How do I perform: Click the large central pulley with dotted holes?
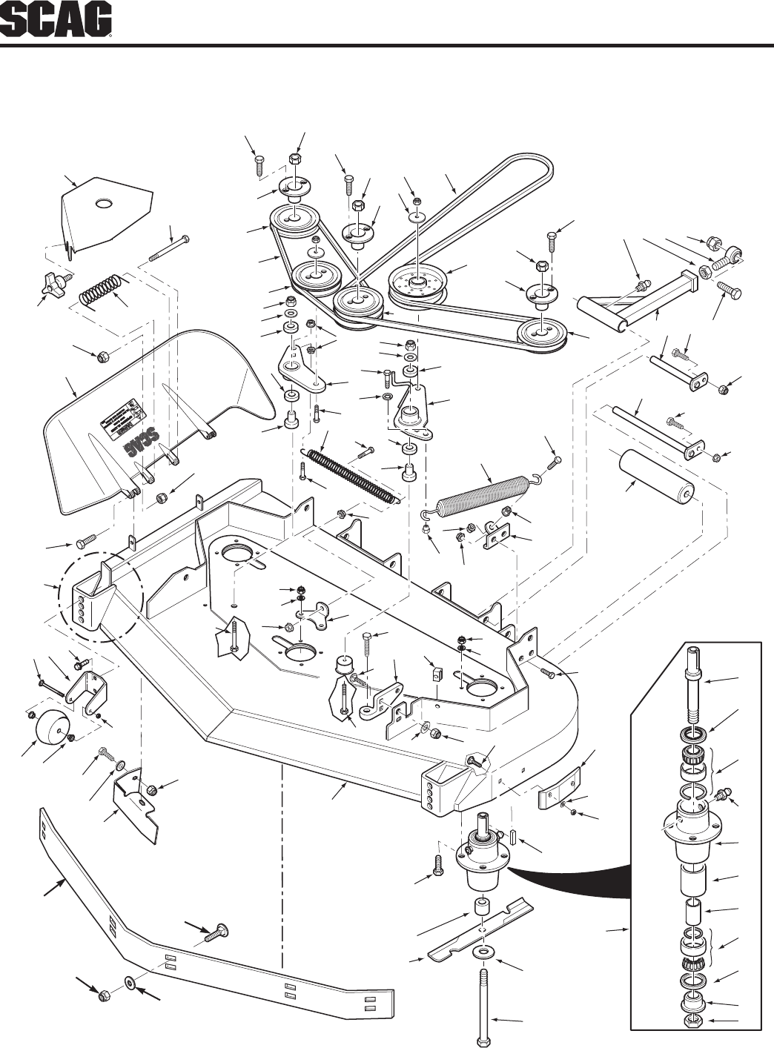[419, 283]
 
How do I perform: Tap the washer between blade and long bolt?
[483, 951]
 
